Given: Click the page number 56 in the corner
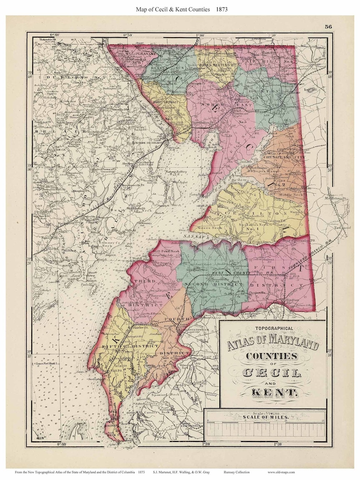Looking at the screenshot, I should [329, 26].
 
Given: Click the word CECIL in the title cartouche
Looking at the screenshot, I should [272, 373].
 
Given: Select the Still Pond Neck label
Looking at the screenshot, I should [167, 250].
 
